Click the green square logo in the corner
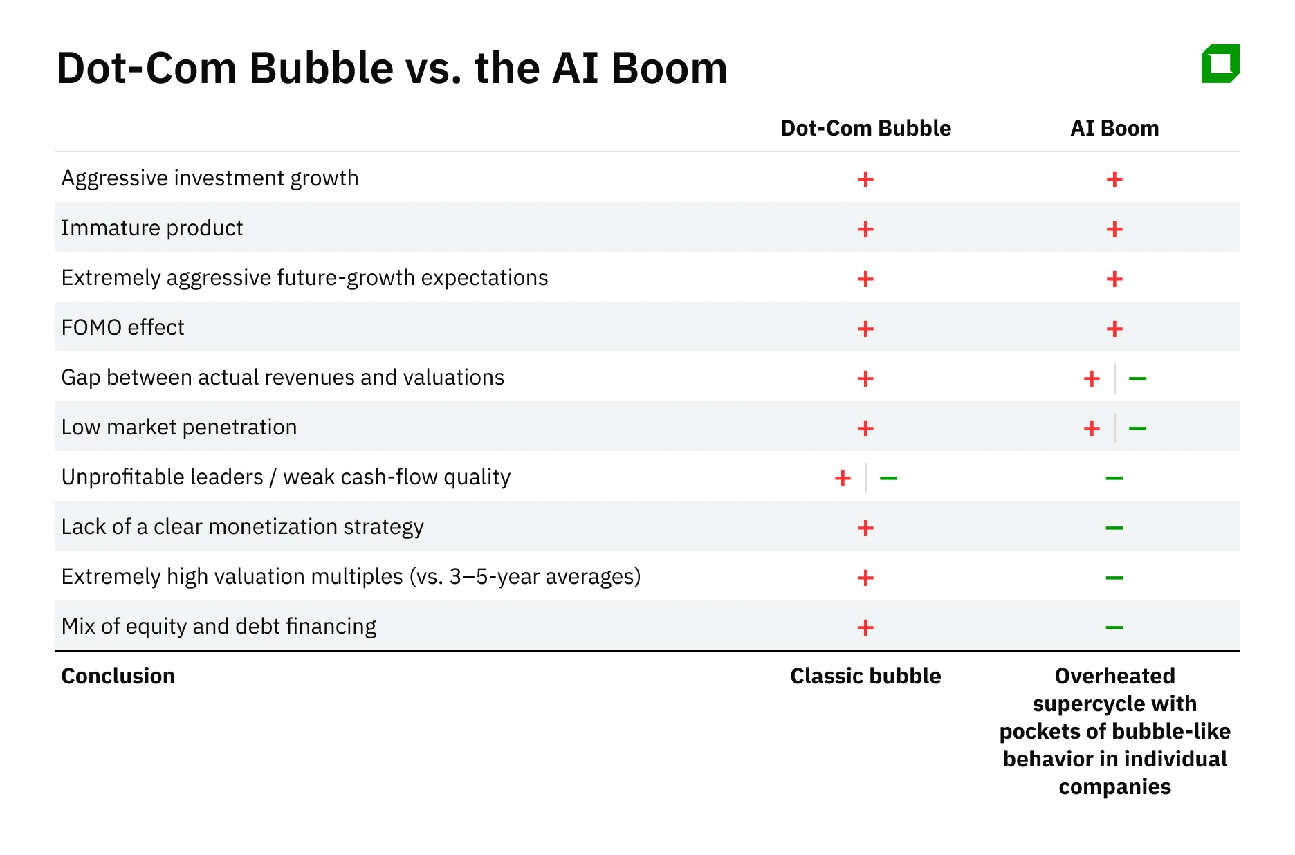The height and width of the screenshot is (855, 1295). click(x=1220, y=64)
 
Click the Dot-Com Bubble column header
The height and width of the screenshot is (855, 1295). click(x=865, y=128)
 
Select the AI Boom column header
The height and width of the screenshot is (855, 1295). click(x=1114, y=128)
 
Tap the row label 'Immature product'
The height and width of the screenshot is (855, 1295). click(x=152, y=228)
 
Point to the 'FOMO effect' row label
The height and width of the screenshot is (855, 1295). click(x=123, y=327)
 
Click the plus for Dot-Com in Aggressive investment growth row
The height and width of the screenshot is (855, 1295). click(x=865, y=179)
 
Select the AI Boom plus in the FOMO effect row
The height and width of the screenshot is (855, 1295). click(x=1114, y=329)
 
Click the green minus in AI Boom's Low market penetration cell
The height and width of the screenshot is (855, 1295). click(x=1137, y=428)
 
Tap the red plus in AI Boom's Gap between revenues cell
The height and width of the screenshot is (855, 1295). click(x=1092, y=378)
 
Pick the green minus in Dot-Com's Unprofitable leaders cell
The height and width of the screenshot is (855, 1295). click(x=888, y=478)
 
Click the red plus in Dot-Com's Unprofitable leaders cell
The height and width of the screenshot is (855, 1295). click(x=843, y=478)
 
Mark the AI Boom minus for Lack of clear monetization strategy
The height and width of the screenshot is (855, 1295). click(x=1114, y=528)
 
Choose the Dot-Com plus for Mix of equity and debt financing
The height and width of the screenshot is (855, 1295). click(x=865, y=627)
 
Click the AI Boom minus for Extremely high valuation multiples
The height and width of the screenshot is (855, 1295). click(x=1114, y=578)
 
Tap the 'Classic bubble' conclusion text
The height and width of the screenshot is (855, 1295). click(x=865, y=676)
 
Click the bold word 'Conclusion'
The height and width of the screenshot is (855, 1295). click(x=118, y=676)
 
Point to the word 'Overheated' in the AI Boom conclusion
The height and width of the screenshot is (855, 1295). click(x=1114, y=676)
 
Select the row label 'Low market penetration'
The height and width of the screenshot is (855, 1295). click(x=179, y=427)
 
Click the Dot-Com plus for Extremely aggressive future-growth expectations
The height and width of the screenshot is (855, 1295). click(x=865, y=279)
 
